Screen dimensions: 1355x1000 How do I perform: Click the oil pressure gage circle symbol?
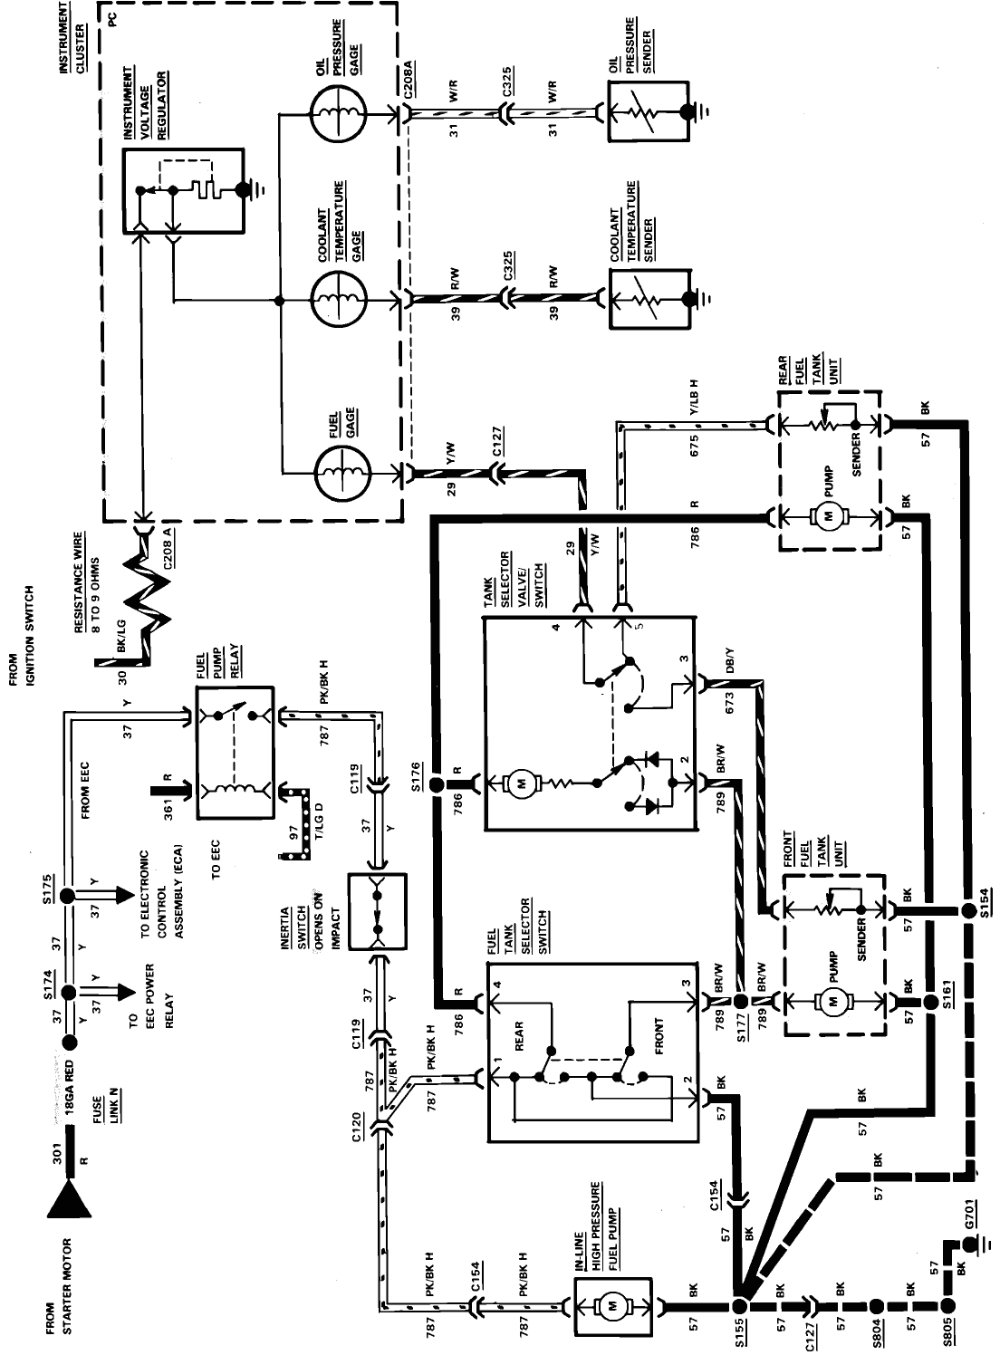[338, 114]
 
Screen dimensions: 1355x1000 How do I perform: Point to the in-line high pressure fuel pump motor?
[612, 1305]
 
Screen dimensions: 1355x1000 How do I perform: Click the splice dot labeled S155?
[740, 1305]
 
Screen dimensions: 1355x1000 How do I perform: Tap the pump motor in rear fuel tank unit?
[826, 516]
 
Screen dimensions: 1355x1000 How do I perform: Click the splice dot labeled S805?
[947, 1305]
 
